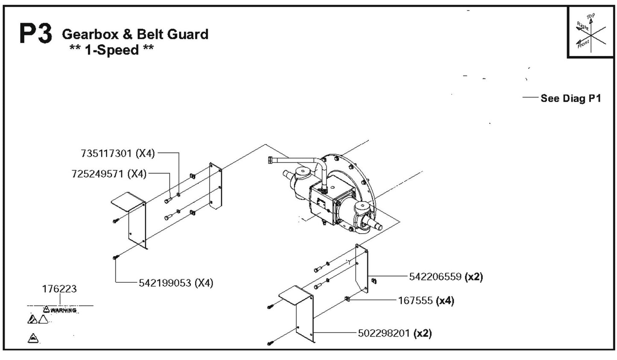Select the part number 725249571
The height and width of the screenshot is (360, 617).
tap(98, 174)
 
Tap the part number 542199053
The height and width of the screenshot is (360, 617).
tap(165, 283)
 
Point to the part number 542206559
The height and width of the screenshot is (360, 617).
tap(435, 277)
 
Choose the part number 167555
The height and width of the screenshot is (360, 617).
tap(415, 301)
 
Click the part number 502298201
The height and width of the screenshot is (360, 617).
tap(384, 333)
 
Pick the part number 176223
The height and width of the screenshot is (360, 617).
tap(59, 289)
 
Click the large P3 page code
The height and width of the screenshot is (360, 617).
tap(35, 34)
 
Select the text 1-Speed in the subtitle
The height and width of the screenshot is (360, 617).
tap(112, 50)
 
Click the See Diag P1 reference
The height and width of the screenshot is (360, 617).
tap(570, 99)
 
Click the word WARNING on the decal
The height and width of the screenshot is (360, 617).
tap(63, 310)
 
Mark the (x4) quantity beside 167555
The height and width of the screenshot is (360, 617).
tap(444, 301)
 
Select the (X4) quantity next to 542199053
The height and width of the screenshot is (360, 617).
tap(204, 283)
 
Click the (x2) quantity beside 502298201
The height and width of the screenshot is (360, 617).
tap(423, 333)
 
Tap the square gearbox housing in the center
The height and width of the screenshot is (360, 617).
tap(323, 202)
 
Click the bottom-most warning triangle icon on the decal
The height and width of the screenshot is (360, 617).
tap(33, 339)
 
